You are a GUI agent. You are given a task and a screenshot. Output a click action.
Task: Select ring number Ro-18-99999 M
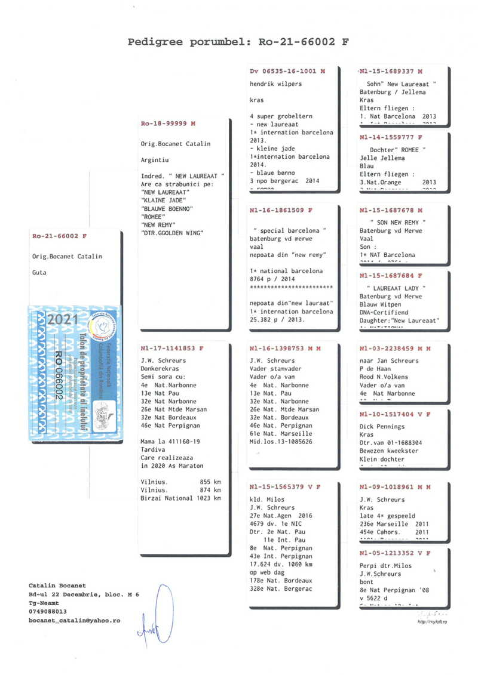168,124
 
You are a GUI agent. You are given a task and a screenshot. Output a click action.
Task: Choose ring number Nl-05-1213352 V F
395,553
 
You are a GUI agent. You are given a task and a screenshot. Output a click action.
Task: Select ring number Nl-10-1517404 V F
395,414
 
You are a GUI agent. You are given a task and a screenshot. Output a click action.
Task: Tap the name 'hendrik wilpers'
275,84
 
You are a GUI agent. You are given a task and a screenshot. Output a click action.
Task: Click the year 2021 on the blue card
59,319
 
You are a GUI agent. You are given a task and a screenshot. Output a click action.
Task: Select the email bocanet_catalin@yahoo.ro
74,621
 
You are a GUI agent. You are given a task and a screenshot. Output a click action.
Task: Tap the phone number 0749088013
47,612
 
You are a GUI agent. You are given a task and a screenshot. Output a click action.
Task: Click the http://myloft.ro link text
433,622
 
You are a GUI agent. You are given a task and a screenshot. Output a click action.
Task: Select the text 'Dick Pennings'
382,427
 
